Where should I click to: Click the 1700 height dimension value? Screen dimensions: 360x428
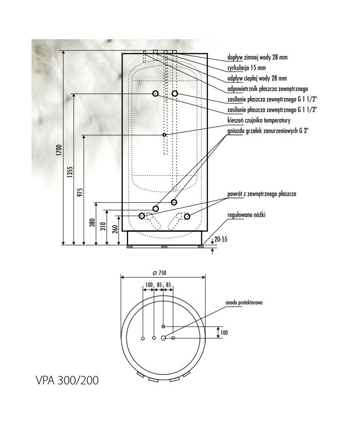click(x=59, y=150)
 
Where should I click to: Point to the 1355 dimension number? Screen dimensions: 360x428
click(x=70, y=172)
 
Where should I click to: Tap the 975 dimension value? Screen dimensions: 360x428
click(x=81, y=192)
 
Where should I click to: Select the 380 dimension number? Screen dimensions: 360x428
click(x=93, y=223)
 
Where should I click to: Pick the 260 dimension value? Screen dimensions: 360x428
click(x=115, y=229)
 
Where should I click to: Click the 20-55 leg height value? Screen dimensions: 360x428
click(x=221, y=239)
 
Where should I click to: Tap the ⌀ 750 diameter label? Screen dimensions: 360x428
click(x=160, y=273)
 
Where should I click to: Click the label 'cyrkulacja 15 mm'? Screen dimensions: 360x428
click(x=247, y=68)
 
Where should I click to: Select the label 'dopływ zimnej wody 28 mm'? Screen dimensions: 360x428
click(x=257, y=57)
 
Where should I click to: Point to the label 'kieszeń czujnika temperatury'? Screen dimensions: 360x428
click(x=259, y=120)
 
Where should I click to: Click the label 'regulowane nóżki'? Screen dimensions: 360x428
click(x=246, y=215)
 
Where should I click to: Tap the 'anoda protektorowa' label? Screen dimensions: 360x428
click(x=244, y=302)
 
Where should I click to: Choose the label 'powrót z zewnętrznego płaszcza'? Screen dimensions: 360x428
click(x=262, y=194)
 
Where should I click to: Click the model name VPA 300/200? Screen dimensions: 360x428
click(x=67, y=380)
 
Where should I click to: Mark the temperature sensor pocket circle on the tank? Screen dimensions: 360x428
click(x=164, y=135)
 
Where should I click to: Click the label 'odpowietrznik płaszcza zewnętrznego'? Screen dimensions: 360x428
click(x=268, y=89)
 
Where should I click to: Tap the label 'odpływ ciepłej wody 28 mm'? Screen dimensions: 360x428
click(x=257, y=78)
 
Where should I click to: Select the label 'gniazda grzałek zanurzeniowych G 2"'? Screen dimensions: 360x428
click(x=268, y=131)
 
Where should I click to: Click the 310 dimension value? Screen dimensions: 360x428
click(x=103, y=226)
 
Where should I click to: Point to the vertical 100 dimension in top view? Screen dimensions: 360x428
click(x=224, y=332)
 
